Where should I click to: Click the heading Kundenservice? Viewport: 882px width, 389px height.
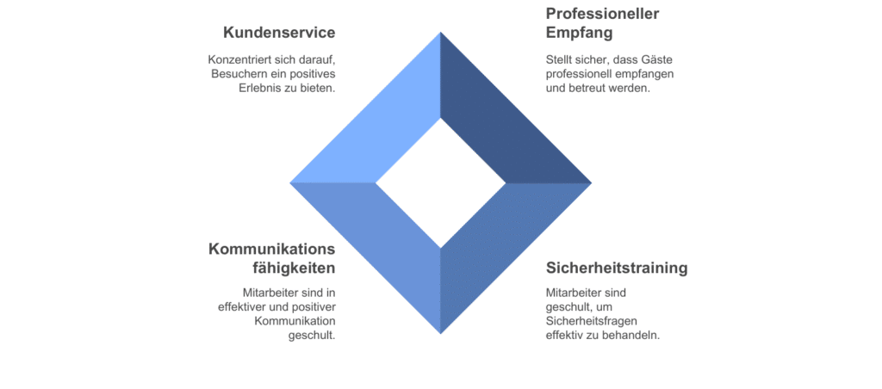279,33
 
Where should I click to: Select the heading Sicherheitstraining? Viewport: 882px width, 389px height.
617,268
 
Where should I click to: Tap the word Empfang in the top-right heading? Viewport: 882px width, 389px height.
580,34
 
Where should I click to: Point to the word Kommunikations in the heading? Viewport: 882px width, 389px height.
271,249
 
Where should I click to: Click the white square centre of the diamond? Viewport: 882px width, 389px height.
441,182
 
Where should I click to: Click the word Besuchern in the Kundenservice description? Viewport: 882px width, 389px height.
239,74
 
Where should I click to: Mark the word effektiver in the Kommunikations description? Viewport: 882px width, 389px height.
247,307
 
